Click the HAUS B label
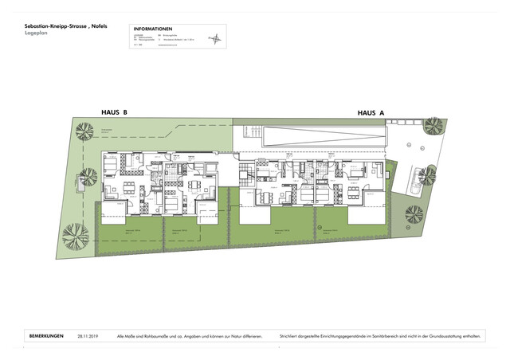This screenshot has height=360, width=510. point(115,113)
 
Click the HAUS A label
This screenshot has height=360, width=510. point(371,113)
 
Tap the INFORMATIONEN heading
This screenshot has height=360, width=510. point(154,29)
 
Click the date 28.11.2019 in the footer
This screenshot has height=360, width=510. point(88,337)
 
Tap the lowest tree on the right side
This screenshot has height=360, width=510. point(414,214)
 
